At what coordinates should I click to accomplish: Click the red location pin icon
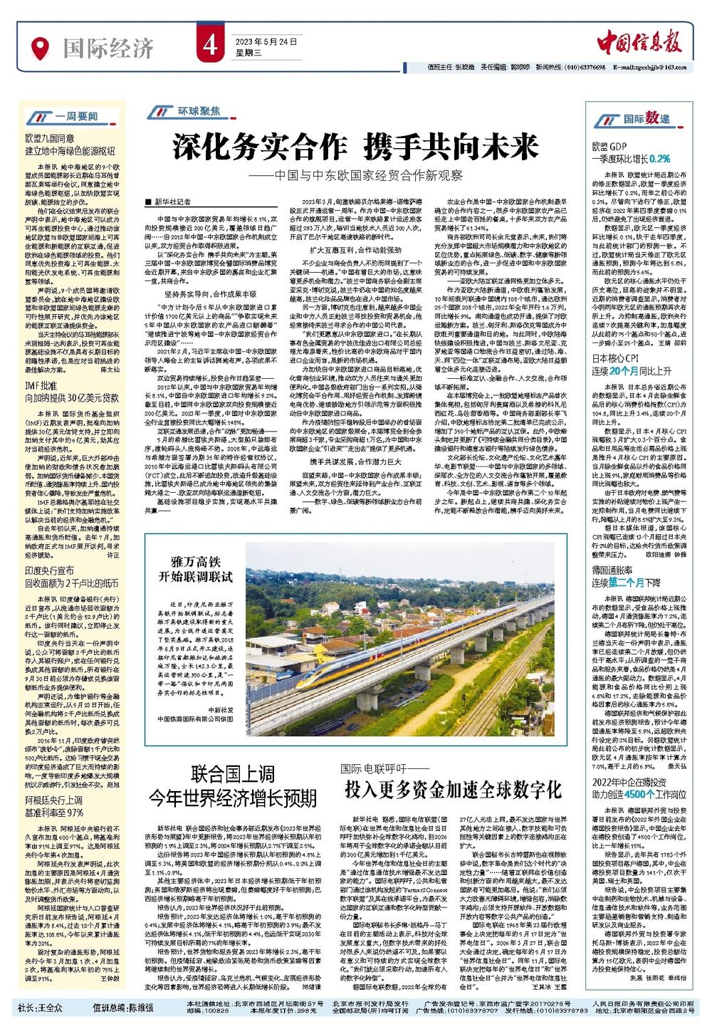tap(41, 48)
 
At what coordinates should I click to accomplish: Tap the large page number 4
tap(208, 47)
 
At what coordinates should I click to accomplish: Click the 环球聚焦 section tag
tap(184, 113)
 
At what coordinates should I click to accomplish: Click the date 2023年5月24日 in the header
tap(257, 42)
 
